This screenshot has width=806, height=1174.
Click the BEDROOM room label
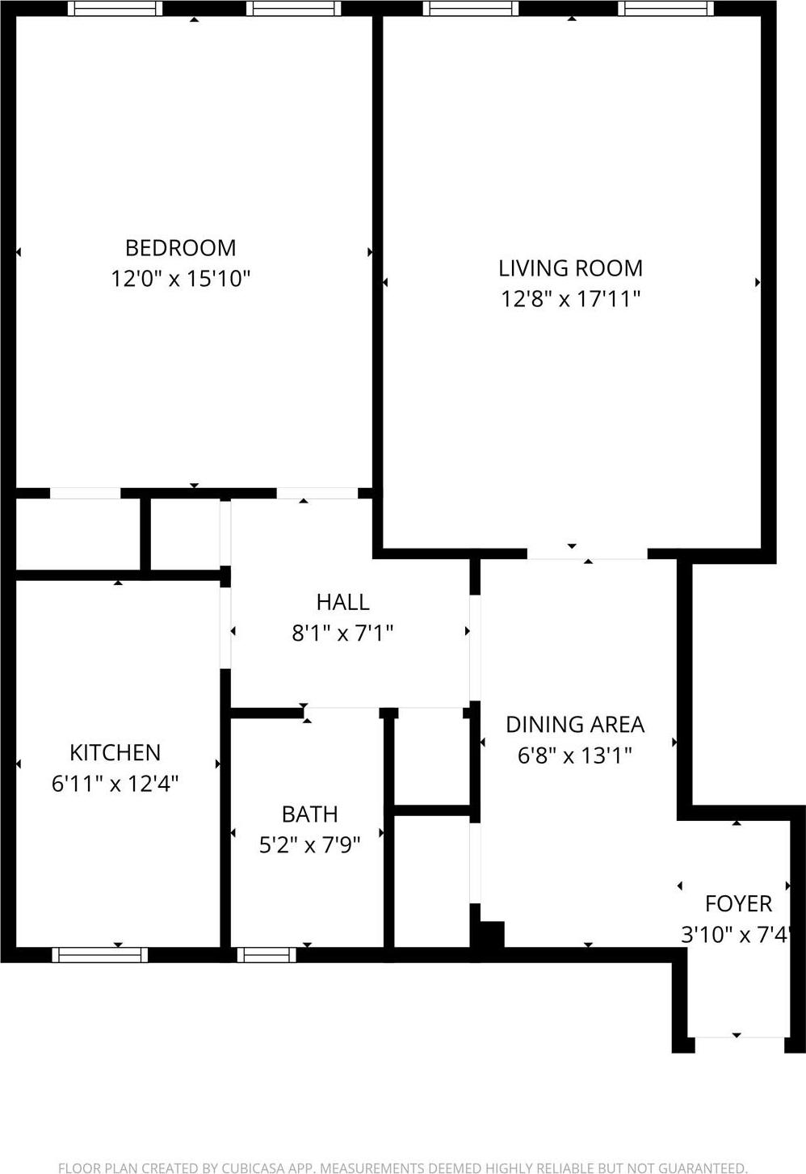click(x=180, y=247)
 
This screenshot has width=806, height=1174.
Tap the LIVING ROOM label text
click(x=570, y=268)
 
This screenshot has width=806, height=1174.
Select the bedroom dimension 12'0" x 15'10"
click(x=180, y=279)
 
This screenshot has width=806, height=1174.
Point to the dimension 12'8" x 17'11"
click(x=570, y=299)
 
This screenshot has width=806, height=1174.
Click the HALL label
click(x=342, y=602)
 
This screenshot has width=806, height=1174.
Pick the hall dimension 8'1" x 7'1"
click(x=342, y=633)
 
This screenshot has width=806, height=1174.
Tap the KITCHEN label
click(x=115, y=753)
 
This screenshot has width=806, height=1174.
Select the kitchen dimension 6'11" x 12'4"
click(x=115, y=784)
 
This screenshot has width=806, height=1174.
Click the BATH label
click(x=309, y=814)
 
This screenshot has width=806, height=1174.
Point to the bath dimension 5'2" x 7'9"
click(x=309, y=845)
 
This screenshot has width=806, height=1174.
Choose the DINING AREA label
click(x=575, y=725)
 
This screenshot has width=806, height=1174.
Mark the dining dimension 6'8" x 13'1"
click(x=575, y=755)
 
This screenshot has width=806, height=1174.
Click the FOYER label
click(x=738, y=903)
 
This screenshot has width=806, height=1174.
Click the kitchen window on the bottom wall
click(x=100, y=955)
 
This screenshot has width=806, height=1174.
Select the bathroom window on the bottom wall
click(x=267, y=955)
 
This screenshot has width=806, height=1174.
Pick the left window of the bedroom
click(x=115, y=9)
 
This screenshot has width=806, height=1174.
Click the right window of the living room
click(x=666, y=9)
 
